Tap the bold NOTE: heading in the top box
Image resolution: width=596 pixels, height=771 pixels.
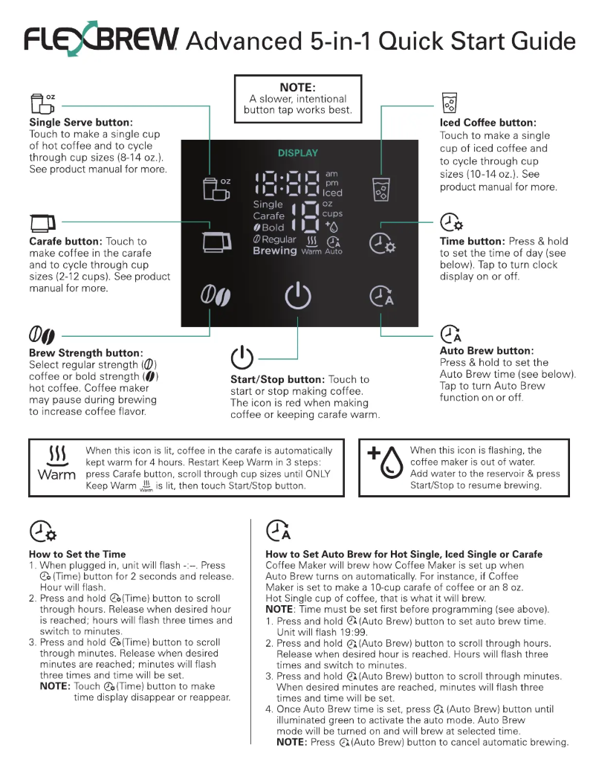[x=297, y=87]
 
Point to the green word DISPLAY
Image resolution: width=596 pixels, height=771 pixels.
[x=297, y=153]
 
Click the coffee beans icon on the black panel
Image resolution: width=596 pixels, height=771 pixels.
[x=216, y=297]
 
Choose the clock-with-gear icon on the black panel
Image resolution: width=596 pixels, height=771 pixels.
[x=382, y=243]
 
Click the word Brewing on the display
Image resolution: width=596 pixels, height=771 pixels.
[x=274, y=251]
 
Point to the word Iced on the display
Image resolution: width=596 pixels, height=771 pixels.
[x=332, y=193]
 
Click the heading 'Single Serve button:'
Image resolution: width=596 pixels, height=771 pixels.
[x=80, y=122]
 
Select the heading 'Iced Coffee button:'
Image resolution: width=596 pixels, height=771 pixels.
[x=488, y=123]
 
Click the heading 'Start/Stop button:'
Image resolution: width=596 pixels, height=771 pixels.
[x=277, y=379]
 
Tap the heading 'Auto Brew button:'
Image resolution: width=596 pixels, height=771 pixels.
[x=487, y=351]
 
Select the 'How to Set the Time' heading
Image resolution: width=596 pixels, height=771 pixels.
[x=77, y=554]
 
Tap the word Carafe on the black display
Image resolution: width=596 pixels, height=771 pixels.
[x=268, y=216]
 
